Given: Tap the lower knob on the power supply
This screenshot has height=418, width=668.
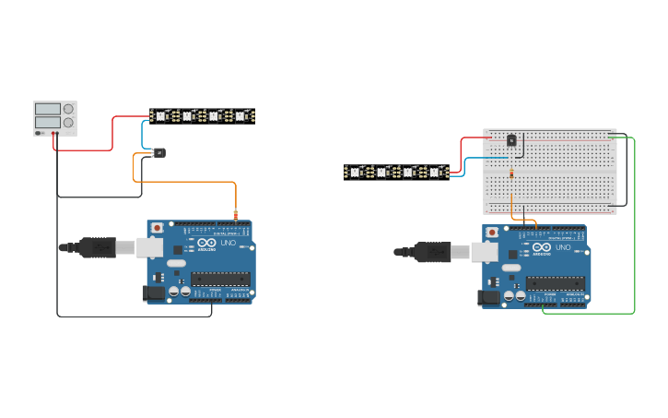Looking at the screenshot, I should [x=68, y=122].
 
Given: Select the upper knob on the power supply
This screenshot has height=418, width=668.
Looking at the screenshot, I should [x=68, y=109].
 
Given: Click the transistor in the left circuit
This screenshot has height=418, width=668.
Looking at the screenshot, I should [x=159, y=152].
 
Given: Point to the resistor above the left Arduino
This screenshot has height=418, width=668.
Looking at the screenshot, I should [x=236, y=216].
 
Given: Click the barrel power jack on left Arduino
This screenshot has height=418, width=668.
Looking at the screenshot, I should [x=155, y=293].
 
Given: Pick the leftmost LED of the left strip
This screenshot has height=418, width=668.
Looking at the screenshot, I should [x=159, y=116].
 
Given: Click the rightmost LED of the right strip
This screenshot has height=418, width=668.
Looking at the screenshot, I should [x=434, y=172].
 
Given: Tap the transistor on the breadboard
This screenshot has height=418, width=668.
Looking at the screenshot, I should [x=511, y=140].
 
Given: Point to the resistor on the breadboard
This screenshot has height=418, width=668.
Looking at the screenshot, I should [x=511, y=173].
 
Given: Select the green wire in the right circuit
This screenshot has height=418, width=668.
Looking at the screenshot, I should [x=635, y=231].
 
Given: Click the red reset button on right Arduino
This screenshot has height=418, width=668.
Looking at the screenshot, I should [x=492, y=232].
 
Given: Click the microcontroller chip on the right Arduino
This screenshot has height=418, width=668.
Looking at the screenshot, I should [x=555, y=283].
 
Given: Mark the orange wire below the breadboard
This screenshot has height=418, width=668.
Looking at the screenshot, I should [x=525, y=220].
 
